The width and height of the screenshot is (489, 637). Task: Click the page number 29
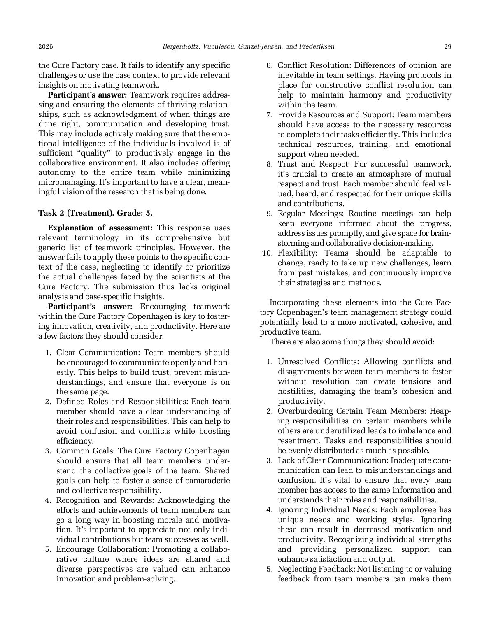pos(447,46)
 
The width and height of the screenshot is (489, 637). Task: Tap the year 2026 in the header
pos(45,46)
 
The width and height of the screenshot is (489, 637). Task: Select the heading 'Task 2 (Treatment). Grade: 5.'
pos(95,213)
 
